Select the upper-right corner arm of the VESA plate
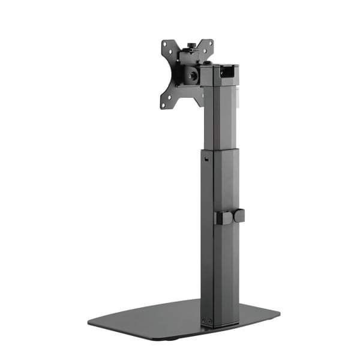click(x=208, y=46)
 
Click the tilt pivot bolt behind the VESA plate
click(x=193, y=75)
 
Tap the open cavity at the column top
click(x=226, y=73)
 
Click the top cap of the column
click(x=216, y=65)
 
